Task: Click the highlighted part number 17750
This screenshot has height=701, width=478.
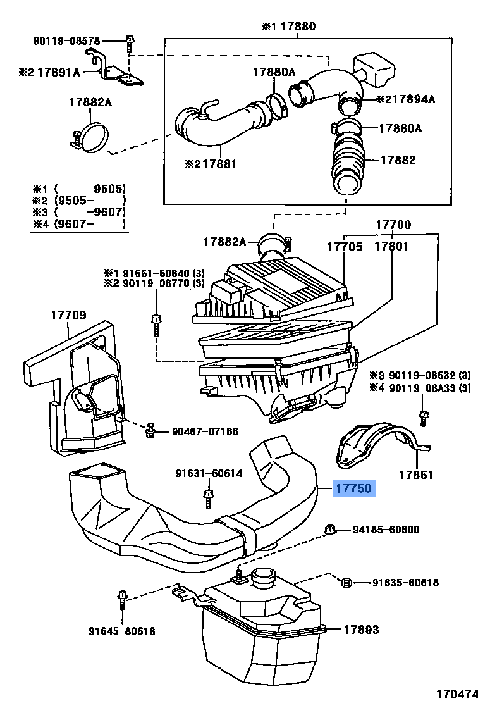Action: click(x=354, y=488)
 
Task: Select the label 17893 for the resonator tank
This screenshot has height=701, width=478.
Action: click(x=362, y=630)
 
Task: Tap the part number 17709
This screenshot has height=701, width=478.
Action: click(x=68, y=315)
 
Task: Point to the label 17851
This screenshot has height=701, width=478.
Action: click(x=416, y=475)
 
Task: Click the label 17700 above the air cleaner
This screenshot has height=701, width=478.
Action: click(x=393, y=225)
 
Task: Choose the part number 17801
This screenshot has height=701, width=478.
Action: click(x=391, y=246)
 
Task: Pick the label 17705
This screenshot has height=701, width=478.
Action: click(x=345, y=246)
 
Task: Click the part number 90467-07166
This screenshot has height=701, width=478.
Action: click(x=205, y=431)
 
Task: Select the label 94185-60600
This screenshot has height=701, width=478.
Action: click(x=386, y=530)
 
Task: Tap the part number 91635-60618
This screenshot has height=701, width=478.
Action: click(x=406, y=583)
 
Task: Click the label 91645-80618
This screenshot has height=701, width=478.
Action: click(x=122, y=631)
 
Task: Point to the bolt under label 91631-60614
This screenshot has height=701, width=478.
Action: click(x=209, y=499)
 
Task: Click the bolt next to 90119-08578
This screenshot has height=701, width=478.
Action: click(x=130, y=44)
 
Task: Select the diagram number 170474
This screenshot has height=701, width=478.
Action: click(x=457, y=693)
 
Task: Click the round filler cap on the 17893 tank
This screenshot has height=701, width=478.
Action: click(x=261, y=579)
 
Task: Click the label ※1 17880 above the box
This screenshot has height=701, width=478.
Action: click(x=289, y=27)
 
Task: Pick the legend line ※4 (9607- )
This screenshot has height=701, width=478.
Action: click(x=79, y=224)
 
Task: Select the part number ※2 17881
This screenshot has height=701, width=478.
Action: click(x=211, y=164)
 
